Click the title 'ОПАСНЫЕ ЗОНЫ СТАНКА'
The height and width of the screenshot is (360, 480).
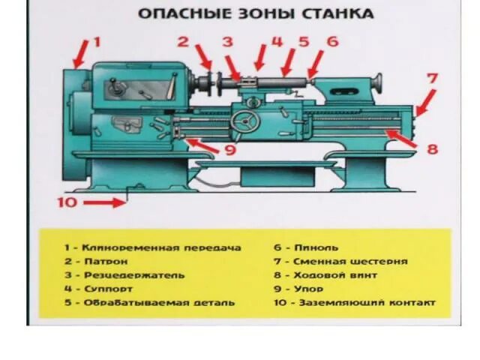255,14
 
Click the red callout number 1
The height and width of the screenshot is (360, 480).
96,42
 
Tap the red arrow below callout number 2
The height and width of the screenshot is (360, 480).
202,56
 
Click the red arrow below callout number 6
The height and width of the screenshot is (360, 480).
315,60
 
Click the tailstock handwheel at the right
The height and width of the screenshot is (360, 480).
378,79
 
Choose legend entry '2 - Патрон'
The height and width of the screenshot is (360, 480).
95,262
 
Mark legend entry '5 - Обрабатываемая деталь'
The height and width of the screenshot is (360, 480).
148,303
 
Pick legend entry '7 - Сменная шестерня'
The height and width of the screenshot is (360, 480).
340,262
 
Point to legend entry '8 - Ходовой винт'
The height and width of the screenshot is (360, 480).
325,275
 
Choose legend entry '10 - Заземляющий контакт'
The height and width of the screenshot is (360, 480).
353,303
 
